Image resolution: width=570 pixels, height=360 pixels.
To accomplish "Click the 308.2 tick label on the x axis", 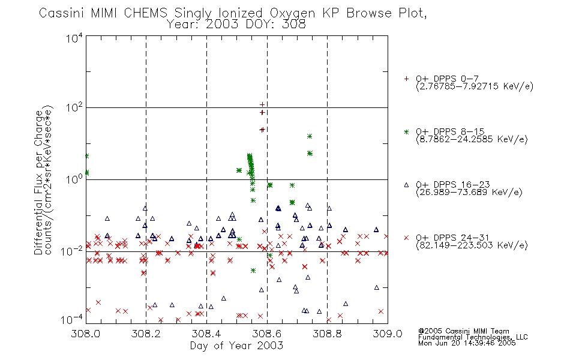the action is pyautogui.click(x=146, y=334).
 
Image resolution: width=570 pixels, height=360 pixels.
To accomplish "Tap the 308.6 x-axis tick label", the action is pyautogui.click(x=267, y=334).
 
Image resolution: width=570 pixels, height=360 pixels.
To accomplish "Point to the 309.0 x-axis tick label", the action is pyautogui.click(x=388, y=334).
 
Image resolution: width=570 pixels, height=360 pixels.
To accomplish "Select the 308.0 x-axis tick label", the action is pyautogui.click(x=85, y=334).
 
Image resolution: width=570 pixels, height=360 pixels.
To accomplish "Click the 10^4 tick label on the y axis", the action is pyautogui.click(x=74, y=38).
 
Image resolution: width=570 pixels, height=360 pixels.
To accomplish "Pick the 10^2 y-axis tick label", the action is pyautogui.click(x=74, y=108).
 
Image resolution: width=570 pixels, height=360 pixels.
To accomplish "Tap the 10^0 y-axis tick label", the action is pyautogui.click(x=74, y=179).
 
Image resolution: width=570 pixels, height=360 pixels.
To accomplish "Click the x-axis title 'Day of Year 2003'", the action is pyautogui.click(x=236, y=346).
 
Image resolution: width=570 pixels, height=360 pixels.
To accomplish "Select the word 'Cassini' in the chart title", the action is pyautogui.click(x=62, y=13).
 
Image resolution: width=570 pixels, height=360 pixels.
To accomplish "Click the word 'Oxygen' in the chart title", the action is pyautogui.click(x=293, y=13).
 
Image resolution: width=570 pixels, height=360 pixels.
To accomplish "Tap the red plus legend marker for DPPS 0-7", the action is pyautogui.click(x=406, y=79).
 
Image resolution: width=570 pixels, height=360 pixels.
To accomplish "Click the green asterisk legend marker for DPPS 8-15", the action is pyautogui.click(x=406, y=131).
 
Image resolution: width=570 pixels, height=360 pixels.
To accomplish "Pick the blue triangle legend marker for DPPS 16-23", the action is pyautogui.click(x=406, y=185).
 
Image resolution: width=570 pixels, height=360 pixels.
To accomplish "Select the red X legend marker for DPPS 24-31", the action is pyautogui.click(x=406, y=238).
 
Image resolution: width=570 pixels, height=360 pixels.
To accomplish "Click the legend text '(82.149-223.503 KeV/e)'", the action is pyautogui.click(x=472, y=245).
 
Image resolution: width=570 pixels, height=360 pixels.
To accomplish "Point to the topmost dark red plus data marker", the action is pyautogui.click(x=262, y=105).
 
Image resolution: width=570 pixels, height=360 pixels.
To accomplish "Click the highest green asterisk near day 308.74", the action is pyautogui.click(x=310, y=136).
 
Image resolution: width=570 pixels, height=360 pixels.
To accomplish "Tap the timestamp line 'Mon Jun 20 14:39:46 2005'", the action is pyautogui.click(x=467, y=343).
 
